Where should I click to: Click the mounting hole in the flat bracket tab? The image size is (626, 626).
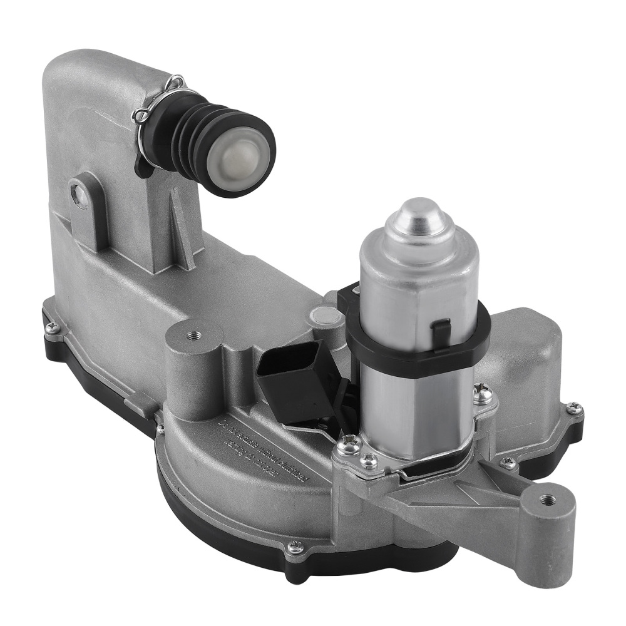[80, 196]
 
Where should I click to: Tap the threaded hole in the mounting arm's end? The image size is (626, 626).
[549, 499]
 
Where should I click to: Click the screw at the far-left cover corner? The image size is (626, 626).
[53, 327]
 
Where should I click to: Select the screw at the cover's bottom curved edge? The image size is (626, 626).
[294, 547]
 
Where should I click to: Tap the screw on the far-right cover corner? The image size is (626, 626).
[574, 408]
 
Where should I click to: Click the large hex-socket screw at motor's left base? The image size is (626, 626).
[350, 446]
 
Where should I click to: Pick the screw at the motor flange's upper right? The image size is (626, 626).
[483, 394]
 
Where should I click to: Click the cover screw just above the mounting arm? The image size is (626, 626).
[508, 463]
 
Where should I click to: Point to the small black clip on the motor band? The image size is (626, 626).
[442, 327]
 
